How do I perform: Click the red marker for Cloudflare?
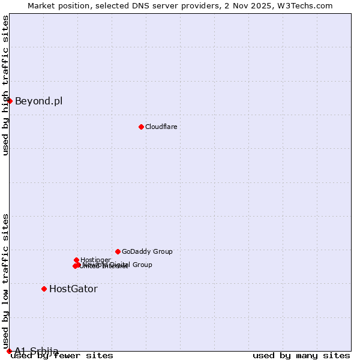(x=141, y=127)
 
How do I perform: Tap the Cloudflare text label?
(x=161, y=127)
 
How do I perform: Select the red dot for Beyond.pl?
(x=10, y=101)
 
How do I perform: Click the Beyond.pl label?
(x=38, y=101)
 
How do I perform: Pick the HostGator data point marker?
(x=44, y=289)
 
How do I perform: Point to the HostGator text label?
(x=73, y=289)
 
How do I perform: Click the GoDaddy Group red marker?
(x=118, y=251)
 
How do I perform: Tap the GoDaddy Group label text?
(x=147, y=251)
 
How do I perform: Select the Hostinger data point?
(x=76, y=260)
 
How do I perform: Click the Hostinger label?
(x=95, y=260)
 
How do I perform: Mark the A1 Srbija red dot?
(x=10, y=351)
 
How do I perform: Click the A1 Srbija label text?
(x=37, y=351)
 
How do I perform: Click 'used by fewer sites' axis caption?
(x=62, y=356)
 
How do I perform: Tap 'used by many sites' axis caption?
(x=301, y=356)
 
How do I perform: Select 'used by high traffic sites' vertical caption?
(x=5, y=85)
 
